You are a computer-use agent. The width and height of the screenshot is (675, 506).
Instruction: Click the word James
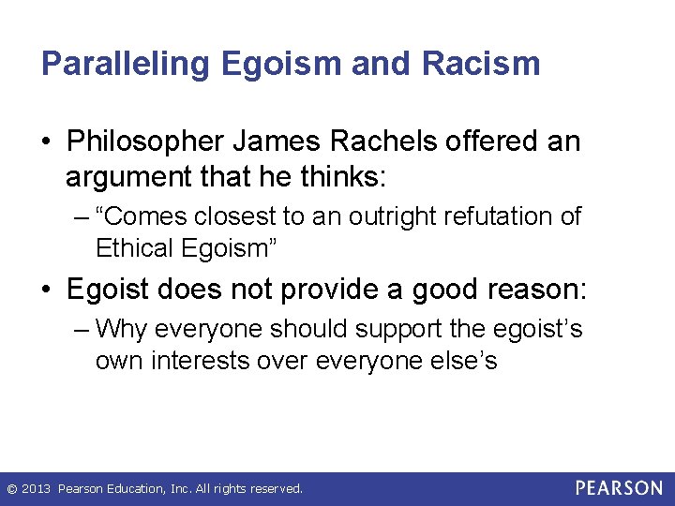[290, 142]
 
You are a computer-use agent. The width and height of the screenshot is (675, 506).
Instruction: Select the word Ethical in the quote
[128, 248]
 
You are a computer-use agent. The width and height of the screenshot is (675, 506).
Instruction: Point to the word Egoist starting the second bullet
[110, 289]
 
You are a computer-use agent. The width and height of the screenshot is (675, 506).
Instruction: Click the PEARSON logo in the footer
[619, 488]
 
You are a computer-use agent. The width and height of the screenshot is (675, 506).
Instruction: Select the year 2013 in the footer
[34, 489]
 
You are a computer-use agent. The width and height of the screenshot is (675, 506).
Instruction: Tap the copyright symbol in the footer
[10, 489]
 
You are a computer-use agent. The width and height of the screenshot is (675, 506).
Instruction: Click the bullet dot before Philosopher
[48, 143]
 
